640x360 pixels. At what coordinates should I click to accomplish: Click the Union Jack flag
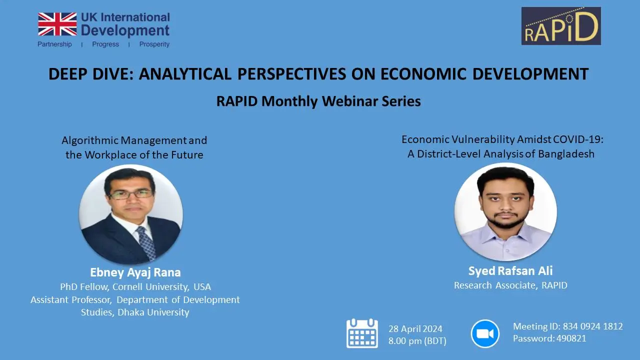tap(57, 24)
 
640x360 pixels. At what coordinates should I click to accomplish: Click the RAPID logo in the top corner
tap(560, 26)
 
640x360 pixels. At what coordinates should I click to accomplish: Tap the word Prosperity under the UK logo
tap(154, 44)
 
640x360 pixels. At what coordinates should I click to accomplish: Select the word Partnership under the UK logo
tap(54, 44)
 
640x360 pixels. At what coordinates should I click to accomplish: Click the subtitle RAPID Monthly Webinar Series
tap(318, 101)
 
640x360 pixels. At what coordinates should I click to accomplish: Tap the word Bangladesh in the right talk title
tap(566, 154)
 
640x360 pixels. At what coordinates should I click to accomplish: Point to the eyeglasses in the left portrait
tap(130, 193)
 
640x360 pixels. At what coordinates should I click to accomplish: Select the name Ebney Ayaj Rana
tap(135, 272)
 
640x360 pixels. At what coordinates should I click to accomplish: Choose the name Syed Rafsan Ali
tap(510, 271)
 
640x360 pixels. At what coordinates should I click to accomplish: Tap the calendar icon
tap(362, 333)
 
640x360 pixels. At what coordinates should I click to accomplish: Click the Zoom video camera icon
tap(485, 333)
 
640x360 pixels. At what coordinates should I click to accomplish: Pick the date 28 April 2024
tap(415, 329)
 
